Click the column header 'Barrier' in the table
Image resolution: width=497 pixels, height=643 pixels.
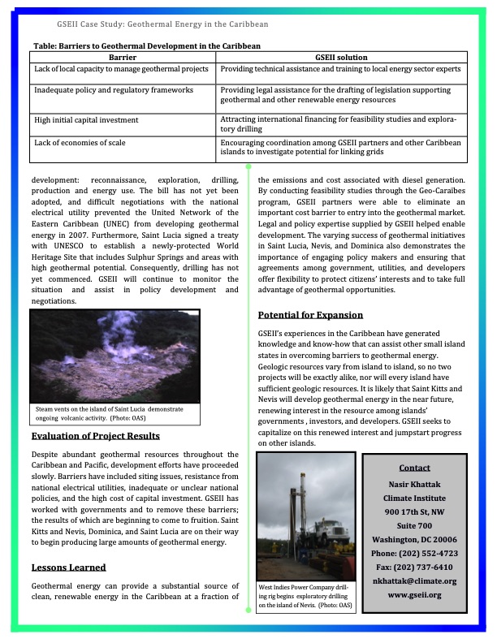coord(123,58)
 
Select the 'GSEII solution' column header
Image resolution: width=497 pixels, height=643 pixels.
coord(341,58)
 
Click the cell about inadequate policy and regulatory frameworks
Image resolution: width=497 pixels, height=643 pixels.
coord(113,88)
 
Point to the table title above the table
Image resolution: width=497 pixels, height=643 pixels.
coord(146,47)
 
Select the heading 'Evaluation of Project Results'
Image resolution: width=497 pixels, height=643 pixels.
coord(95,436)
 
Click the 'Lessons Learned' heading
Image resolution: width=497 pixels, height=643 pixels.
coord(68,567)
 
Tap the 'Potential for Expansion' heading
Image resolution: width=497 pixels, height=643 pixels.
coord(310,315)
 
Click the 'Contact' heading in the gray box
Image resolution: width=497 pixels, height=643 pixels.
coord(414,468)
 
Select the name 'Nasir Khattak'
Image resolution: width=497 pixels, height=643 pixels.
coord(414,483)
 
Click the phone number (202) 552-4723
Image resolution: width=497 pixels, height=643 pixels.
coord(414,553)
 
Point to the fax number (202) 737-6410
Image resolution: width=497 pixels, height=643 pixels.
coord(414,567)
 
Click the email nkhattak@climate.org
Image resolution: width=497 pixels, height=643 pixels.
coord(414,580)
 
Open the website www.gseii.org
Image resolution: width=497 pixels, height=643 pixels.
coord(414,595)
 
